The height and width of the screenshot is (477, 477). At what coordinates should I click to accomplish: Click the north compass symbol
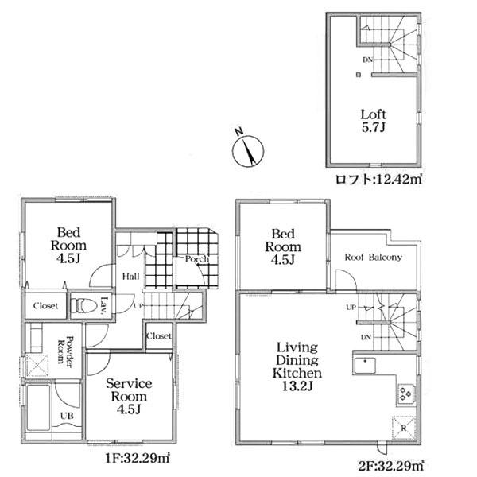pyautogui.click(x=248, y=149)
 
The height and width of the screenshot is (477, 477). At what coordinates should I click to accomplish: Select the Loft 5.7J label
pyautogui.click(x=374, y=121)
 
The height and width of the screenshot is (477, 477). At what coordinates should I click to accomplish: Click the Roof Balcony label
pyautogui.click(x=374, y=258)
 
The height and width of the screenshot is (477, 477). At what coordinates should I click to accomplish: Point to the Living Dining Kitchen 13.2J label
pyautogui.click(x=297, y=366)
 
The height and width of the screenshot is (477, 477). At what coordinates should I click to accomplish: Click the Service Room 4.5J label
pyautogui.click(x=129, y=397)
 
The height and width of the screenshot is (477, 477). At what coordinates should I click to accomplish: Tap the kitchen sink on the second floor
pyautogui.click(x=364, y=366)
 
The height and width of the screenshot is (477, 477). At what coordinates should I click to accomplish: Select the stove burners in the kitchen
pyautogui.click(x=405, y=394)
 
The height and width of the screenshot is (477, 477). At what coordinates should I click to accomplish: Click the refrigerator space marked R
pyautogui.click(x=404, y=428)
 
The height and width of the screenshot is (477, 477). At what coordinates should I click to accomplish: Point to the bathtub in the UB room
pyautogui.click(x=38, y=408)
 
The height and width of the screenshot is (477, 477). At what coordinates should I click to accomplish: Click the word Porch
pyautogui.click(x=197, y=259)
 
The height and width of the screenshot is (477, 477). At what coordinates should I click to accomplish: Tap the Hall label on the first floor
pyautogui.click(x=131, y=276)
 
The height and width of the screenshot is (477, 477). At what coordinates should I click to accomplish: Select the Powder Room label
pyautogui.click(x=66, y=351)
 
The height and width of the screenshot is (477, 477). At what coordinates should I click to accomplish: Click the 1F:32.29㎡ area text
pyautogui.click(x=138, y=458)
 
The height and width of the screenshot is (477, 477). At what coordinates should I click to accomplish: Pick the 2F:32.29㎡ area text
pyautogui.click(x=390, y=465)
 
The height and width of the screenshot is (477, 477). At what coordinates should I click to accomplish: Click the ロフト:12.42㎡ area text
pyautogui.click(x=378, y=180)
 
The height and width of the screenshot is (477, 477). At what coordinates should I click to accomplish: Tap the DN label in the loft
pyautogui.click(x=367, y=60)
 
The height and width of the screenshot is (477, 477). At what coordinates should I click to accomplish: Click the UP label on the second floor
pyautogui.click(x=351, y=308)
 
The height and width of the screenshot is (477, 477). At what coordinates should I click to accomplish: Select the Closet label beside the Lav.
pyautogui.click(x=45, y=306)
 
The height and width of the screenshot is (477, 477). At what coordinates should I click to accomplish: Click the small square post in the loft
pyautogui.click(x=359, y=75)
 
